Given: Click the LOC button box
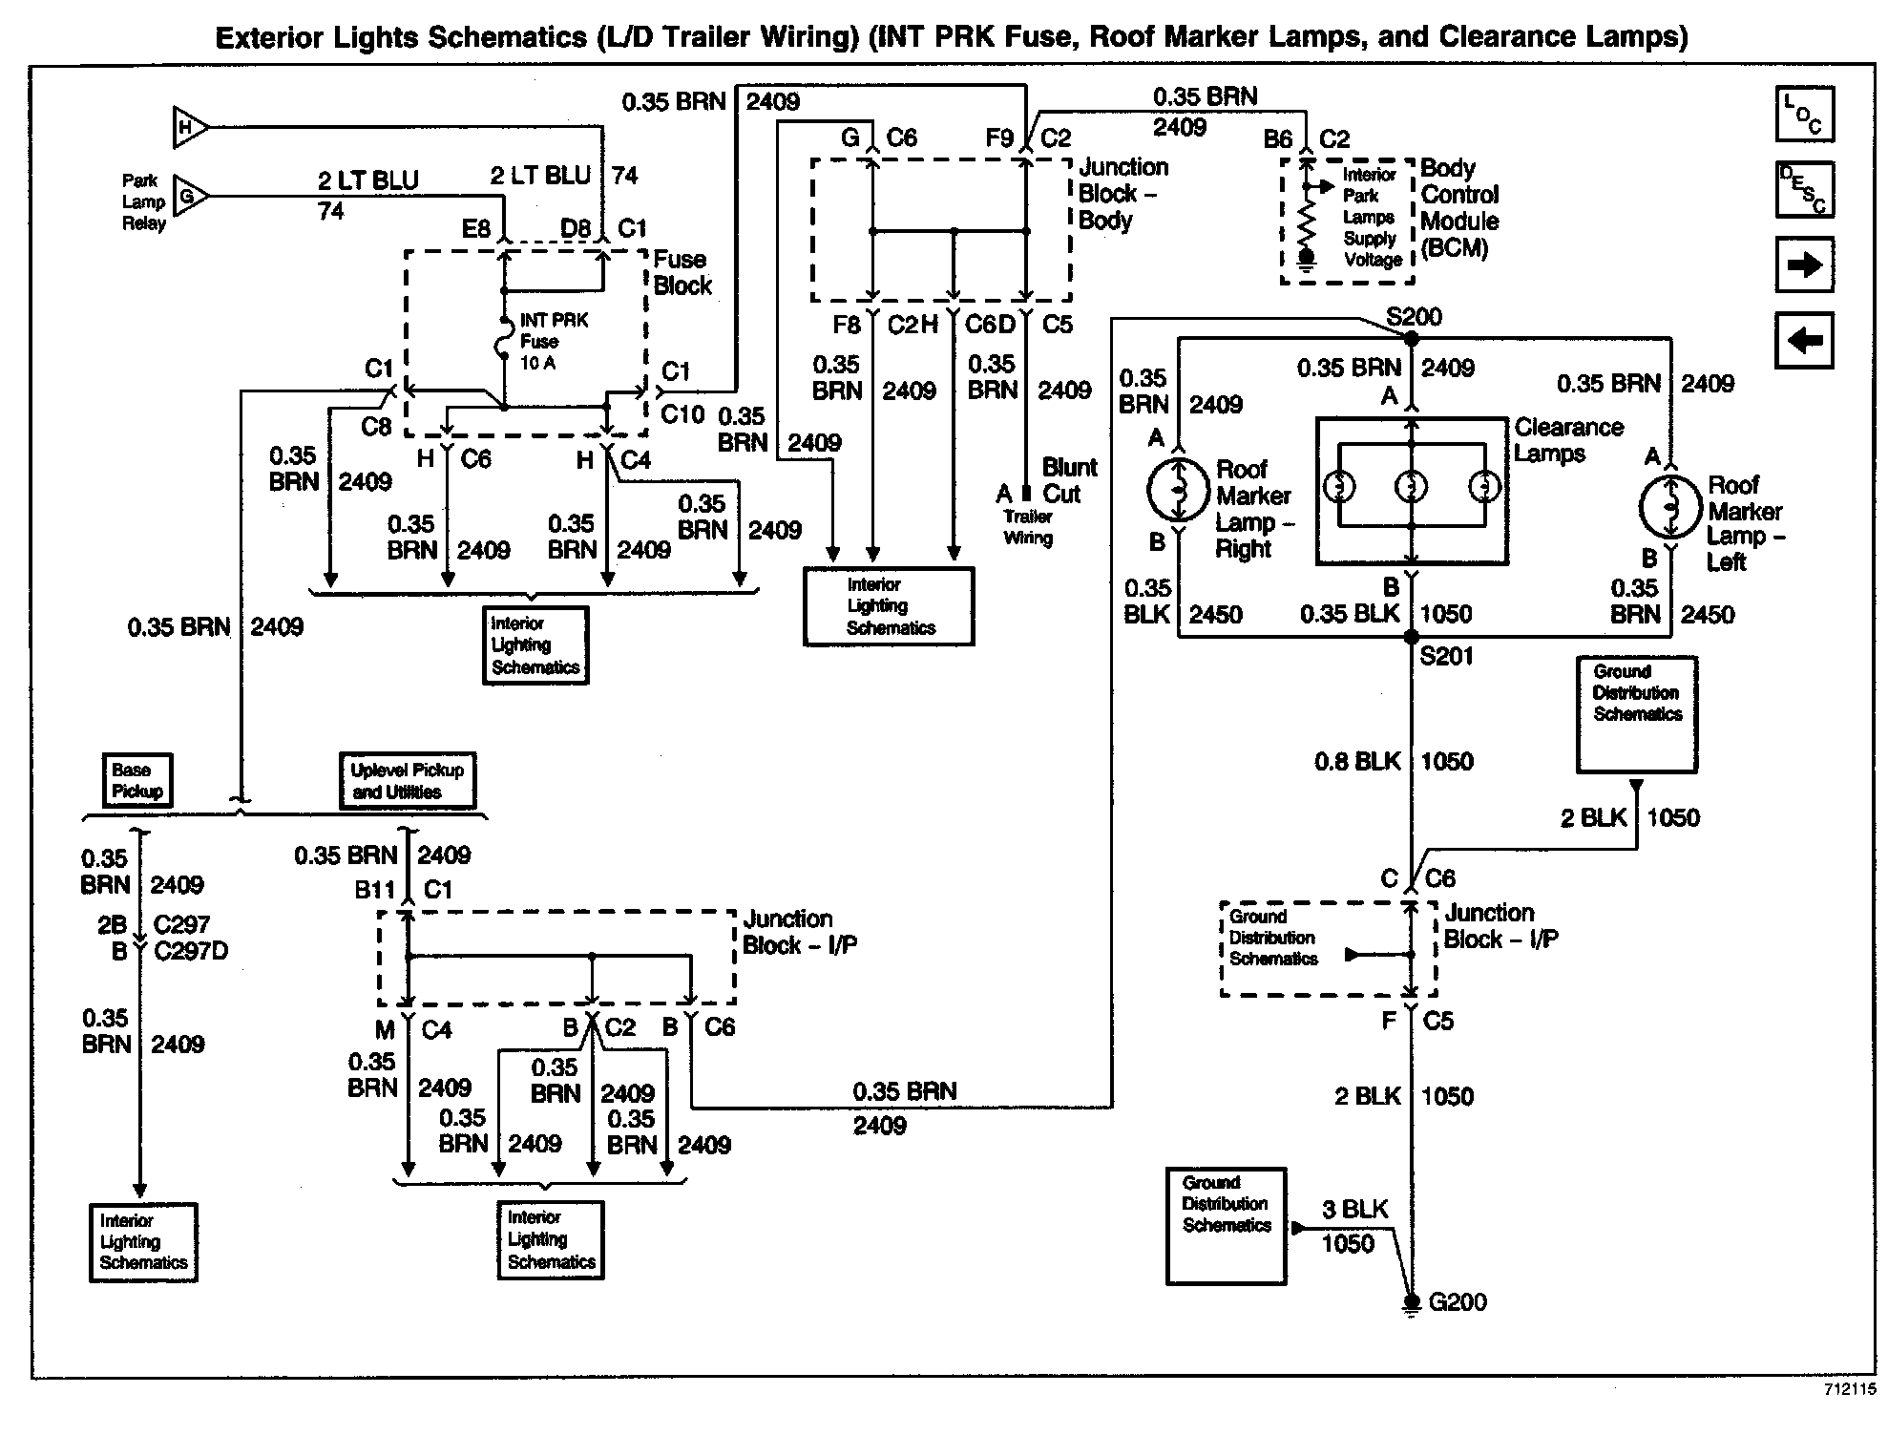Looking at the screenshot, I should [x=1804, y=114].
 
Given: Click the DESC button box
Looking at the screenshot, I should [x=1804, y=189].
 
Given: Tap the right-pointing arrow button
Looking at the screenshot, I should [x=1804, y=264].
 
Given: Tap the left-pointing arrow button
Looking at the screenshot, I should [x=1804, y=340].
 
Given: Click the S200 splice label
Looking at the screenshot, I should [x=1414, y=317].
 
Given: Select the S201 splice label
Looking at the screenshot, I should [x=1446, y=657].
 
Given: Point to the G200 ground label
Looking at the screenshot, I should [x=1457, y=1302].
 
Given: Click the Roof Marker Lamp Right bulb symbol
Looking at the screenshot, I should [x=1179, y=490].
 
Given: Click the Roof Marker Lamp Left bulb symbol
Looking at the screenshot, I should [x=1670, y=506].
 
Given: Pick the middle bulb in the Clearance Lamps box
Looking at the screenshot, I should [x=1411, y=487].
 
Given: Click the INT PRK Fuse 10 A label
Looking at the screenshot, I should [x=554, y=342].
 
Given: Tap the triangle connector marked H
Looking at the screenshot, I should [x=189, y=127].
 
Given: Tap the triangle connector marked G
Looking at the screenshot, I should [x=189, y=197].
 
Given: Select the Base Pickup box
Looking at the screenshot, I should [x=137, y=780].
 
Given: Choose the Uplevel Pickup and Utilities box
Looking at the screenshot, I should [x=407, y=781].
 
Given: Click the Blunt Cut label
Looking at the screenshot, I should [x=1069, y=481].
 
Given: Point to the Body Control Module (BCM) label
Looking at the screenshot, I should [x=1458, y=208].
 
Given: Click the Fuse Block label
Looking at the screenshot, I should [x=682, y=273].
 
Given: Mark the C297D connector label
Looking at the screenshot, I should [x=191, y=952].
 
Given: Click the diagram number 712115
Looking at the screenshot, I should [x=1849, y=1390].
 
